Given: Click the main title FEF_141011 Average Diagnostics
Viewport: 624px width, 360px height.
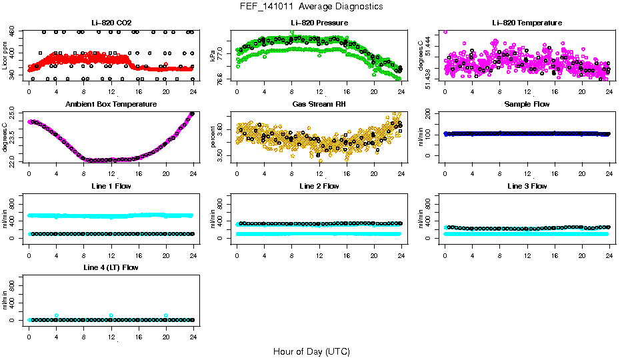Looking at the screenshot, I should click(x=312, y=6).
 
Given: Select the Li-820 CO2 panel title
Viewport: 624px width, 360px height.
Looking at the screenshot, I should click(x=111, y=23).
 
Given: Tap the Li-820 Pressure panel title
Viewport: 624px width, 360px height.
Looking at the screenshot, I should click(x=319, y=23).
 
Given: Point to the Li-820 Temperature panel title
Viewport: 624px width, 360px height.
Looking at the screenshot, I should click(x=527, y=23).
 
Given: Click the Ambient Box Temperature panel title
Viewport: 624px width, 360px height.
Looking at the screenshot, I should click(x=111, y=105).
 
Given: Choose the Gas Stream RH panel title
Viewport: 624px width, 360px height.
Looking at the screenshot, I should click(x=319, y=105).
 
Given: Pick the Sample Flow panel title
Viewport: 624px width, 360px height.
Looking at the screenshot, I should click(x=527, y=105).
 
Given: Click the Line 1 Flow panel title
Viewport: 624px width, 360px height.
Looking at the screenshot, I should click(x=111, y=186).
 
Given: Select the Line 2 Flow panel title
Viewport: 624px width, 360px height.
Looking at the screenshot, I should click(x=319, y=186).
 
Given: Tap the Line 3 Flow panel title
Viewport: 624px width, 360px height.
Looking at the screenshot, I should click(x=527, y=186).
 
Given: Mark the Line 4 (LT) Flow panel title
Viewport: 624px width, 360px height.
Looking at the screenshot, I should click(x=111, y=267).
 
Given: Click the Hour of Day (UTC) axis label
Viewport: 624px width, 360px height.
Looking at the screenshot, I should click(x=311, y=351).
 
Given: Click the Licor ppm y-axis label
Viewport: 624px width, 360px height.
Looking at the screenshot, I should click(x=5, y=56).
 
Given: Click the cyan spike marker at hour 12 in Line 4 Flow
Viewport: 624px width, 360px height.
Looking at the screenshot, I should click(x=111, y=315).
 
